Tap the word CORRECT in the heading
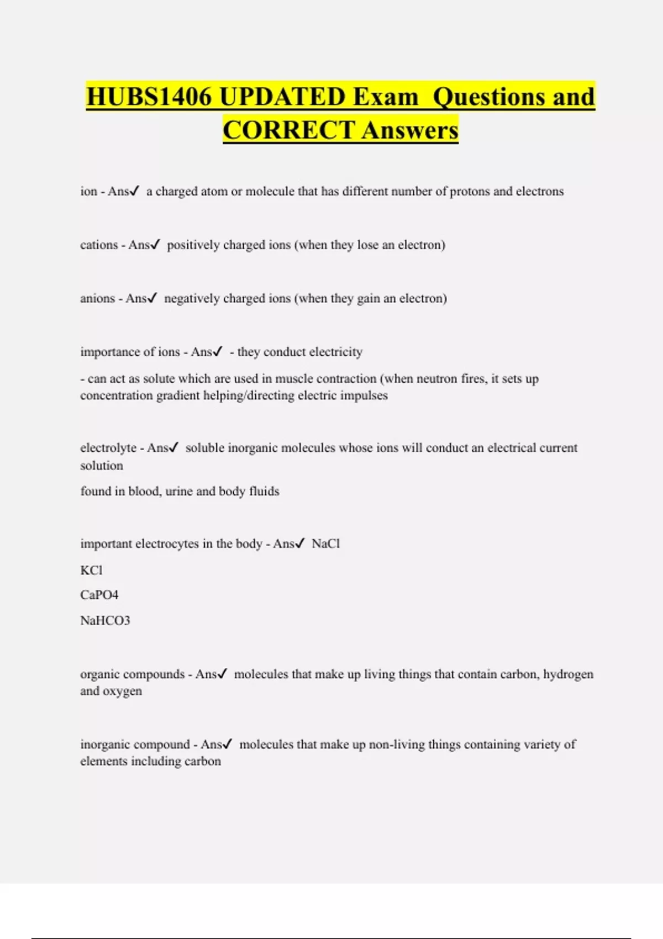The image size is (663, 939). (288, 130)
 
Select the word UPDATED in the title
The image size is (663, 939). (282, 97)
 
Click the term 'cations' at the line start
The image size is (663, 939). (98, 245)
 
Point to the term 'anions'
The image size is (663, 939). (97, 298)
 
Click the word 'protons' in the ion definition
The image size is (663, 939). (469, 191)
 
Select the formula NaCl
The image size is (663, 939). (325, 544)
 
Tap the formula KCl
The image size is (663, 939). (91, 570)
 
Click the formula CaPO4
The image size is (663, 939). (99, 595)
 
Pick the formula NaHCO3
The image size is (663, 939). (105, 620)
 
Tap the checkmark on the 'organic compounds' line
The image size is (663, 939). (223, 674)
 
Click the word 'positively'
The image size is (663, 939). (193, 245)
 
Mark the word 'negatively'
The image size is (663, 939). (192, 298)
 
